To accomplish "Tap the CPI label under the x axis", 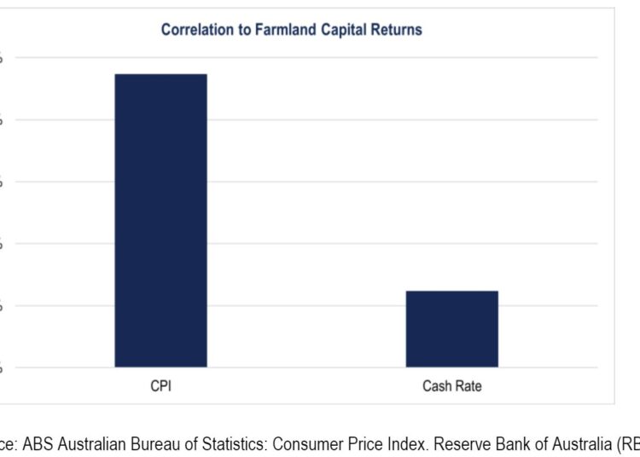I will (161, 386).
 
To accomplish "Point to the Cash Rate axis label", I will (451, 386).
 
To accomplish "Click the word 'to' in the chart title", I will (238, 30).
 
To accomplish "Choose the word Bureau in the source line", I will (147, 443).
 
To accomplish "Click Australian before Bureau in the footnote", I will (86, 443).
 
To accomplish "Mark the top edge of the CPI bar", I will (160, 74).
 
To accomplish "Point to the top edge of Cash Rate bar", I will (451, 292).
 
